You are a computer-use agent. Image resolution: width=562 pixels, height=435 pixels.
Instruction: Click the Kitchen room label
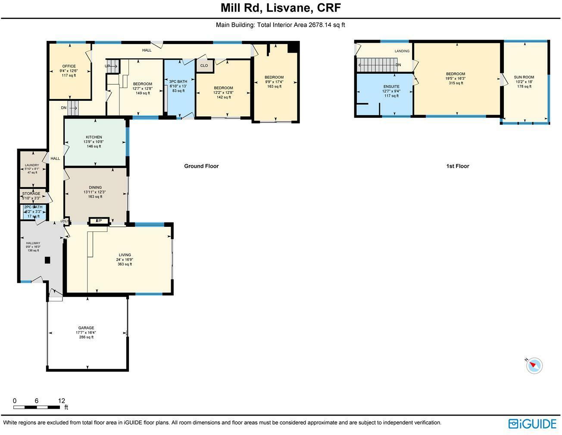[x=94, y=137]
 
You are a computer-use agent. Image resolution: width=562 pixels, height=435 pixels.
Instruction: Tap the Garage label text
[x=86, y=328]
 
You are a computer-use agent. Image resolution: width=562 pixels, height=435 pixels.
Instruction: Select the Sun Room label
[x=524, y=77]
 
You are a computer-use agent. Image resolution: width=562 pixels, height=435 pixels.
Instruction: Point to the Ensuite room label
[x=391, y=87]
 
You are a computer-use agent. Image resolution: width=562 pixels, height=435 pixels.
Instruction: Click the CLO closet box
[x=204, y=66]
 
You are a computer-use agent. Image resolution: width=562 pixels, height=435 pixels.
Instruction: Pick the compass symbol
[x=534, y=366]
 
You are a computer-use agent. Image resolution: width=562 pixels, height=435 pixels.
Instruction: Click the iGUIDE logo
[x=532, y=424]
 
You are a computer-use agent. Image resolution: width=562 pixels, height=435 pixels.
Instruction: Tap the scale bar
[x=37, y=407]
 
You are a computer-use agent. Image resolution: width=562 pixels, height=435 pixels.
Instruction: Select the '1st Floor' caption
[x=457, y=166]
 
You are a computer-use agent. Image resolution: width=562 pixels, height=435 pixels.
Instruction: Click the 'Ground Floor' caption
[x=201, y=166]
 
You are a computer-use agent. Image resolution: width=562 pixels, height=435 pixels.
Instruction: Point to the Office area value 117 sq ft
[x=69, y=75]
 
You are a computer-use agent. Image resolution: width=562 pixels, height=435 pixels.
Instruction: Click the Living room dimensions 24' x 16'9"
[x=125, y=260]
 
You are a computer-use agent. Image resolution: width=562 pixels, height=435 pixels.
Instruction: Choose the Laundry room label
[x=32, y=165]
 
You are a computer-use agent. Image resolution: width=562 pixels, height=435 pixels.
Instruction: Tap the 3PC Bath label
[x=178, y=81]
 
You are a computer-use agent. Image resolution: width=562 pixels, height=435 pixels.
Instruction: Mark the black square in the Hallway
[x=47, y=260]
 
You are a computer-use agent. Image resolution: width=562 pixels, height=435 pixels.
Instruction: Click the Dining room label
[x=95, y=188]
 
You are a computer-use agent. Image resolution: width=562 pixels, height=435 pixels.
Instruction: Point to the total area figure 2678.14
[x=320, y=25]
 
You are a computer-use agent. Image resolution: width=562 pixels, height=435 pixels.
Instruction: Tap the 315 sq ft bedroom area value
[x=456, y=83]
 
